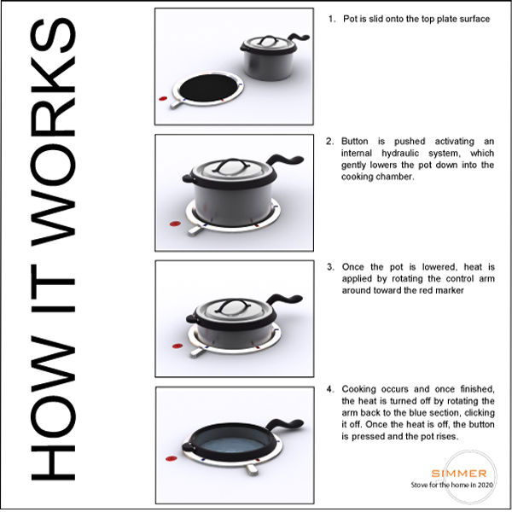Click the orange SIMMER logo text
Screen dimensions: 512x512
(459, 473)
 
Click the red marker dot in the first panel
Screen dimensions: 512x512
(163, 98)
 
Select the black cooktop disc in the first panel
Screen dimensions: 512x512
(208, 88)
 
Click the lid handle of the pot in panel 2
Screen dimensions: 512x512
(232, 165)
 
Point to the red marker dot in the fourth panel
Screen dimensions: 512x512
(172, 458)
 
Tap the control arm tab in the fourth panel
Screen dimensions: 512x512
(252, 470)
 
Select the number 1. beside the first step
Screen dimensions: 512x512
(332, 19)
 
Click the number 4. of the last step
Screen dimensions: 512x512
(330, 389)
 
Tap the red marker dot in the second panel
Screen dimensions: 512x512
(175, 224)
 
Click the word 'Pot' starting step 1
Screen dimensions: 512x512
(350, 19)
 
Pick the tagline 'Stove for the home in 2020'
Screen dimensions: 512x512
(452, 485)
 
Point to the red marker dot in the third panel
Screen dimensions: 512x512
(177, 346)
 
